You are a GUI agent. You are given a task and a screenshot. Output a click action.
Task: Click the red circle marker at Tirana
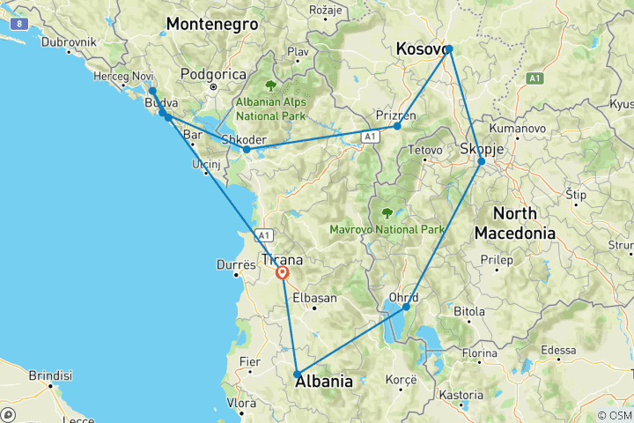(283, 273)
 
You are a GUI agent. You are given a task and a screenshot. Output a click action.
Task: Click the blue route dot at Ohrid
(406, 307)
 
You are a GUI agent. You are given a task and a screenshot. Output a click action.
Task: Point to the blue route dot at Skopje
(481, 161)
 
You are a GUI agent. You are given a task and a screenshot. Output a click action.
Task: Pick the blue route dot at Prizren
(397, 126)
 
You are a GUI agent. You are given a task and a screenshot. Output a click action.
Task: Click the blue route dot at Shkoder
(247, 149)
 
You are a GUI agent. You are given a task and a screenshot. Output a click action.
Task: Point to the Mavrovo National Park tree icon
(387, 212)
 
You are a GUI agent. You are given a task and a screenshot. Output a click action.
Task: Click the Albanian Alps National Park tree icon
(269, 86)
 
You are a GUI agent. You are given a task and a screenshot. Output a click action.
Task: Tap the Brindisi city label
(48, 375)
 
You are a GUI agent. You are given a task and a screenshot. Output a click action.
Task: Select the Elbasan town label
(314, 298)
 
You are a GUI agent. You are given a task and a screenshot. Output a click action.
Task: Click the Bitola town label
(468, 311)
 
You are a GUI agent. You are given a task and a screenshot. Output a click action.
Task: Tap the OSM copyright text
(613, 415)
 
